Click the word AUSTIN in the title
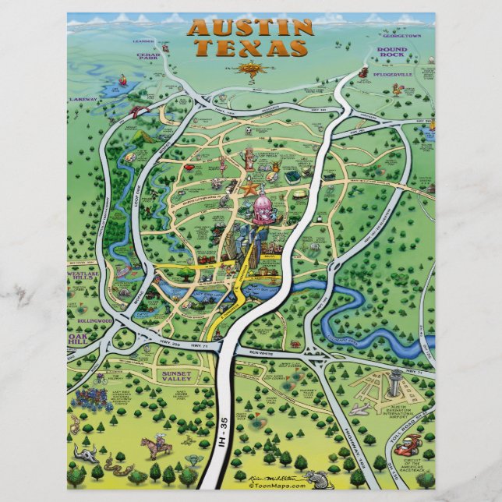[x=250, y=28]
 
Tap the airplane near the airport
[x=359, y=408]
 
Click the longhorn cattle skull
[x=86, y=452]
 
